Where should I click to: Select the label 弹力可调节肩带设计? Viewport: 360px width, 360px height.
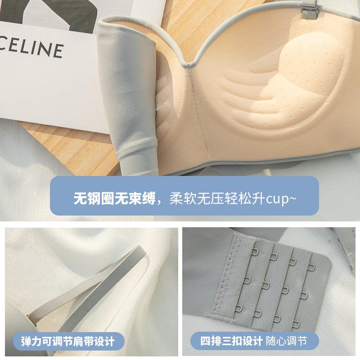pos(67,341)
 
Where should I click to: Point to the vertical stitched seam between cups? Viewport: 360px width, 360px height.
pos(198,112)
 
